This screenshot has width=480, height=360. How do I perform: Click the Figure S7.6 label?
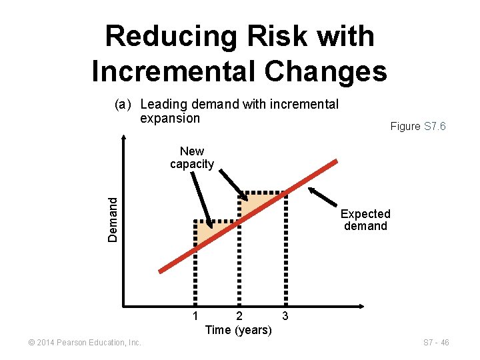418,126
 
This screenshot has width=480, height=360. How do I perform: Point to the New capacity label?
192,158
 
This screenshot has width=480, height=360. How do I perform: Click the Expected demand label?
365,220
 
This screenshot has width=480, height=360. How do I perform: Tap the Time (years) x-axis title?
238,329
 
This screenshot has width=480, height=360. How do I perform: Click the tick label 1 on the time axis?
195,315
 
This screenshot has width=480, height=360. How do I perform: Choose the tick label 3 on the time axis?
285,315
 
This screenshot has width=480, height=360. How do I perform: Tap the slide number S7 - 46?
437,343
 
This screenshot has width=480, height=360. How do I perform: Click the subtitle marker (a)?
125,105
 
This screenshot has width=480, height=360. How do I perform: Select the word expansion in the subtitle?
170,119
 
